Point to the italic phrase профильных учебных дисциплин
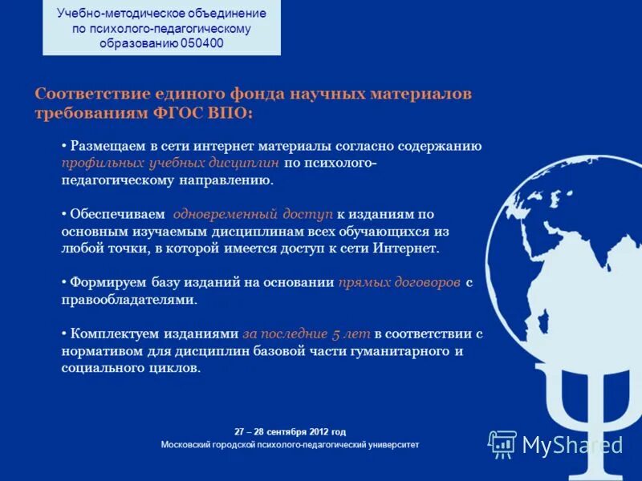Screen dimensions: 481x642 (171, 164)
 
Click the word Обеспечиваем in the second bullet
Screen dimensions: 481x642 (117, 215)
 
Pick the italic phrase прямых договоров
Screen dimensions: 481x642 (400, 283)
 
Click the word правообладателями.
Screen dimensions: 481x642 (128, 300)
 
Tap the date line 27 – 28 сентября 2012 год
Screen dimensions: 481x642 (290, 431)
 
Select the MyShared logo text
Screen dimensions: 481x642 (572, 444)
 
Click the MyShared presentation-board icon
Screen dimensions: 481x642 (502, 443)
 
